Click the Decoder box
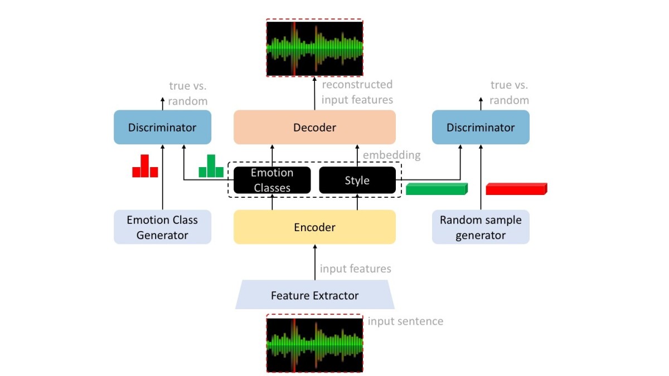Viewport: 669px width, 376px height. (x=314, y=128)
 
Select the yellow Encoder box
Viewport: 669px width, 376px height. (x=314, y=227)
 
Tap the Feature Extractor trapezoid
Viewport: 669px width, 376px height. (x=314, y=295)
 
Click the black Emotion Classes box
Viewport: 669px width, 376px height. (x=272, y=180)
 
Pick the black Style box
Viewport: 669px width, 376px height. (x=357, y=180)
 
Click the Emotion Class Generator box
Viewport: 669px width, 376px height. (x=162, y=227)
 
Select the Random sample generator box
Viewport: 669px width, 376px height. (x=481, y=227)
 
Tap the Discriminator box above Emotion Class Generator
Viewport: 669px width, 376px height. (x=162, y=128)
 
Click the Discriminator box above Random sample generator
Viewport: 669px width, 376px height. (x=481, y=128)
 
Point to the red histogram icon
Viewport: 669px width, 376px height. (x=145, y=167)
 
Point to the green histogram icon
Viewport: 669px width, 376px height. (x=211, y=167)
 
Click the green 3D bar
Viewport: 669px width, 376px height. (x=436, y=189)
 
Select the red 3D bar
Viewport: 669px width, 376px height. (x=516, y=189)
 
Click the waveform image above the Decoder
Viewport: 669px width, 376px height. (x=314, y=48)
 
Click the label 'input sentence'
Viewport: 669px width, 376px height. (x=405, y=321)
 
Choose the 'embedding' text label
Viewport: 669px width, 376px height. (x=391, y=155)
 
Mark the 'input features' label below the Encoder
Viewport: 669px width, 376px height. (x=355, y=269)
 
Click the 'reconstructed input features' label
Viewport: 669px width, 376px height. (x=357, y=92)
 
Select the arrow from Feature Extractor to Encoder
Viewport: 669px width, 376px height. (x=314, y=261)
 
